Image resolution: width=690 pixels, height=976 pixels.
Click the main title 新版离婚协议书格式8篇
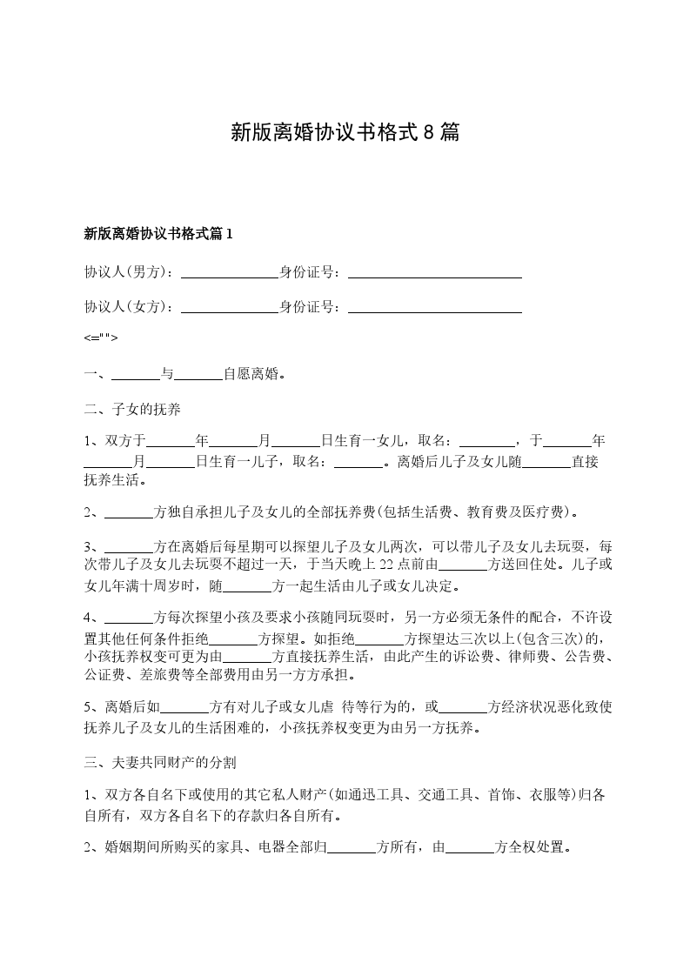point(345,132)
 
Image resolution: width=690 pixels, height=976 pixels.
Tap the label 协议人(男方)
point(127,271)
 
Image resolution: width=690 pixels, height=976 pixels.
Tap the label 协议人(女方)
point(127,306)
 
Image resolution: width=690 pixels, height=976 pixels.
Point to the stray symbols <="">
point(101,338)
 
